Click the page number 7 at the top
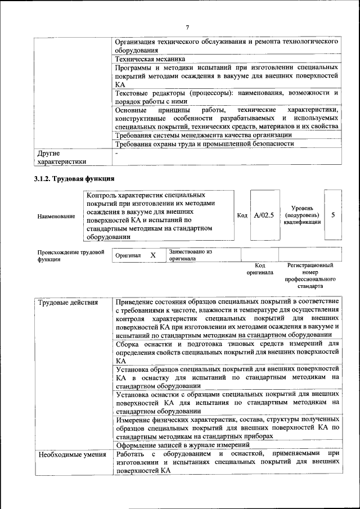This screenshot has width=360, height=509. point(188,28)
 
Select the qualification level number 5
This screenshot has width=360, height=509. point(333,215)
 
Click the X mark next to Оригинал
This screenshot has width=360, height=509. point(152,255)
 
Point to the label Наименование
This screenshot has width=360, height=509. point(56,216)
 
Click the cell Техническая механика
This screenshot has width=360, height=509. point(150,58)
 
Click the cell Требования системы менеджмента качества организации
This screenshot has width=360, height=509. point(203,134)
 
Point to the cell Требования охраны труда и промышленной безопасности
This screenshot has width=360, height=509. point(204,143)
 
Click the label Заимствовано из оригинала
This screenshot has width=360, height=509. point(191,255)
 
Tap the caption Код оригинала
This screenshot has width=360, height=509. point(260,268)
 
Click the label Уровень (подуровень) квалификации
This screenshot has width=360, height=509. point(302,215)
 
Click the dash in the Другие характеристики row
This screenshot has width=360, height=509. point(116,153)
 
